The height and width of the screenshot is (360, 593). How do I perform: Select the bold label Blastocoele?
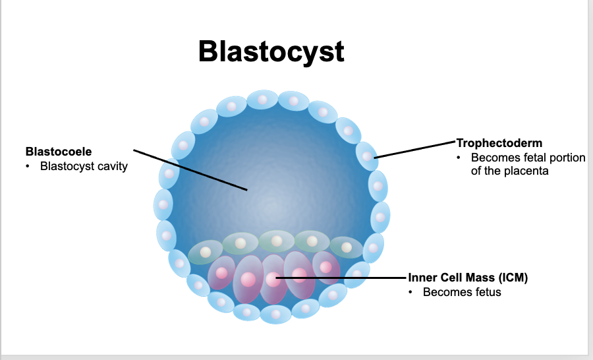click(x=59, y=152)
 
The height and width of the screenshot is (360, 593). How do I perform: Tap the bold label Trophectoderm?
click(x=499, y=142)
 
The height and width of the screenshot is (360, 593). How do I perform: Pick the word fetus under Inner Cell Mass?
click(x=486, y=292)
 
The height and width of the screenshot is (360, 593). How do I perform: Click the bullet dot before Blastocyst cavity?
click(x=28, y=166)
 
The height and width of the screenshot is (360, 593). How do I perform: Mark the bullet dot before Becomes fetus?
click(x=410, y=292)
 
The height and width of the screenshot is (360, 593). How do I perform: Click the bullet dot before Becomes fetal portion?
click(x=459, y=158)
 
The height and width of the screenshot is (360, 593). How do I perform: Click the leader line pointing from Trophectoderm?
click(x=415, y=149)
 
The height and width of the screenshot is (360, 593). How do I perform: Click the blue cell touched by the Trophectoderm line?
click(x=366, y=156)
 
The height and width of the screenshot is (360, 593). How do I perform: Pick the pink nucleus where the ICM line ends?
click(x=272, y=278)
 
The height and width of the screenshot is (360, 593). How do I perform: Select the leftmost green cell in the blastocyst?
click(x=204, y=251)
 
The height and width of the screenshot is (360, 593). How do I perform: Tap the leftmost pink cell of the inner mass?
click(x=221, y=272)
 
